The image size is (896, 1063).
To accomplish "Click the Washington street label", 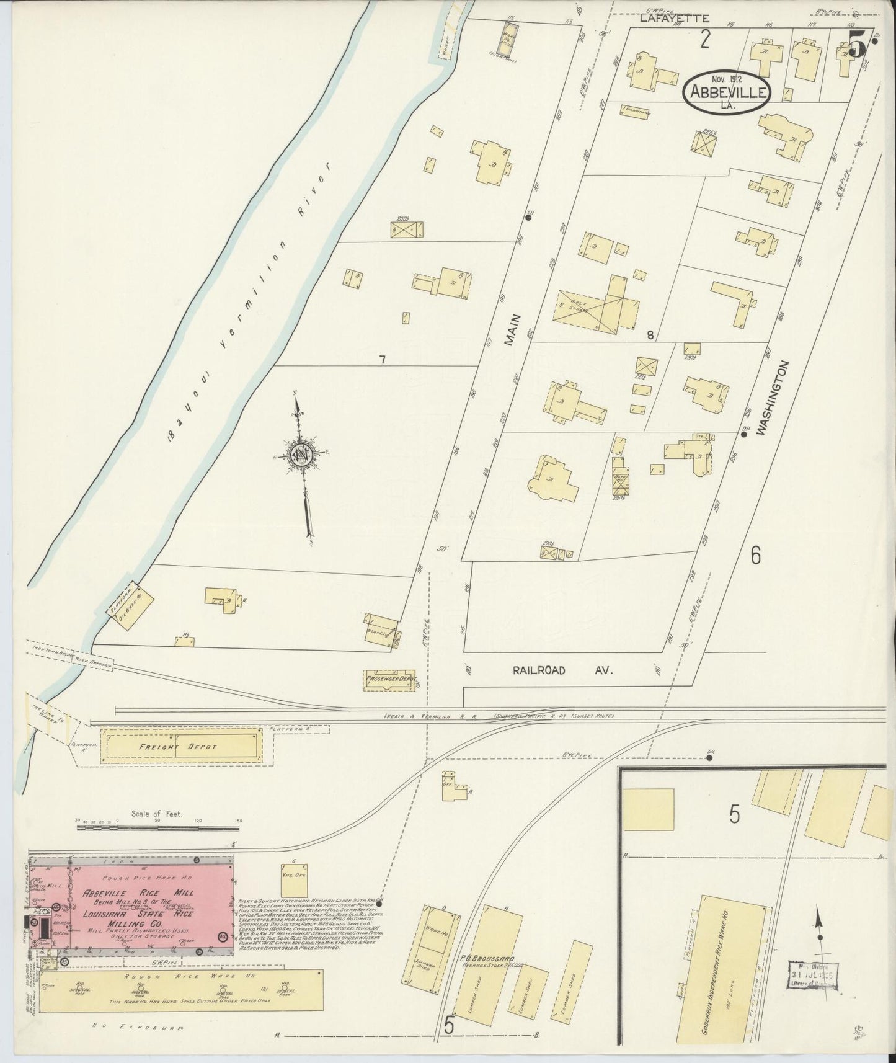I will pyautogui.click(x=781, y=398).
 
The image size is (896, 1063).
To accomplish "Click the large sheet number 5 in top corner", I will pyautogui.click(x=857, y=45).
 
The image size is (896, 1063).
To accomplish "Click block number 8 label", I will pyautogui.click(x=650, y=336).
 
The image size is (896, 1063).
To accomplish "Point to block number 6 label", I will pyautogui.click(x=755, y=556).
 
